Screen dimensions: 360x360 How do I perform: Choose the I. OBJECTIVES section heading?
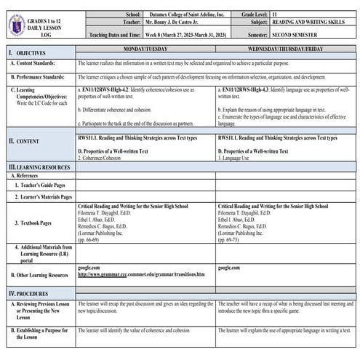28,53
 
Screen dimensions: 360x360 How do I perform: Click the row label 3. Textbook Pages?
40,222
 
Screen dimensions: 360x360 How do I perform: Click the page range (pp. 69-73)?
232,238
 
